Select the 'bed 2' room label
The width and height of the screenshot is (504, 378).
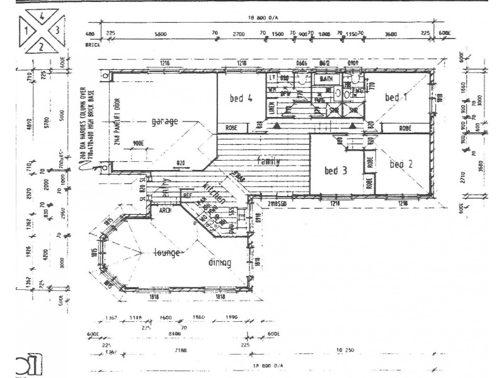[x=400, y=164]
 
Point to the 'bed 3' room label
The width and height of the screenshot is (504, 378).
[x=336, y=170]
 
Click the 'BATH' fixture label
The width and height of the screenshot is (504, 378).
[x=326, y=79]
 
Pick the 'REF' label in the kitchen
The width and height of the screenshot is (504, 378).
[x=186, y=196]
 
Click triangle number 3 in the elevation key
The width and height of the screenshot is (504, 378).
[x=57, y=28]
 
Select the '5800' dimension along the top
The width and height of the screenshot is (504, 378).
[x=160, y=34]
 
